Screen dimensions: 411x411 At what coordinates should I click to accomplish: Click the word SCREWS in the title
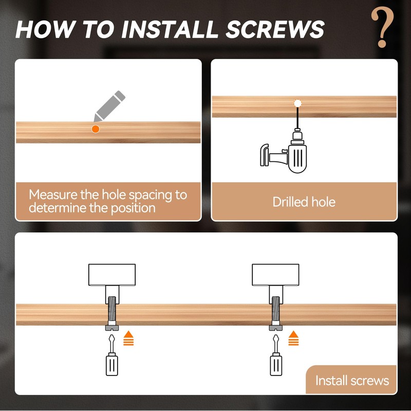[x=275, y=29]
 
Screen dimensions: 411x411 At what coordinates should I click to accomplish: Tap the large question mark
[x=382, y=27]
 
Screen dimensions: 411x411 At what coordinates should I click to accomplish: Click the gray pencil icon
[x=109, y=106]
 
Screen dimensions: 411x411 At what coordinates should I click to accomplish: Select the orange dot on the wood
[x=96, y=129]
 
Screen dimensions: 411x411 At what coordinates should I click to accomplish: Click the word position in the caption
[x=133, y=209]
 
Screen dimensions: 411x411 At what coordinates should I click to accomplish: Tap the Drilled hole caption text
[x=304, y=202]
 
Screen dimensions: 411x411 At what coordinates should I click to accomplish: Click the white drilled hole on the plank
[x=297, y=103]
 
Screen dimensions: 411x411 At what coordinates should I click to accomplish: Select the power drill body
[x=297, y=157]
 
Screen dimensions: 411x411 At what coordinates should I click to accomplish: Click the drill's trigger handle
[x=264, y=155]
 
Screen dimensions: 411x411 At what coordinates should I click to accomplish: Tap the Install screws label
[x=352, y=380]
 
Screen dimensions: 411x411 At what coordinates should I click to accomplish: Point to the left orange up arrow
[x=128, y=338]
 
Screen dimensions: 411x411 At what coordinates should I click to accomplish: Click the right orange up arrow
[x=293, y=338]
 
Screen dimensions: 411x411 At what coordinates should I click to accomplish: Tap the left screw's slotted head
[x=112, y=328]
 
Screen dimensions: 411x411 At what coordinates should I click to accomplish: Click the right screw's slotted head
[x=276, y=328]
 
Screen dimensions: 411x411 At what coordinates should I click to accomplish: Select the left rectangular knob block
[x=112, y=275]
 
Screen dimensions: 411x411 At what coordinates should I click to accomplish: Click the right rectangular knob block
[x=275, y=275]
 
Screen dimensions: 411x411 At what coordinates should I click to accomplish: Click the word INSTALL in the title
[x=170, y=29]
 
